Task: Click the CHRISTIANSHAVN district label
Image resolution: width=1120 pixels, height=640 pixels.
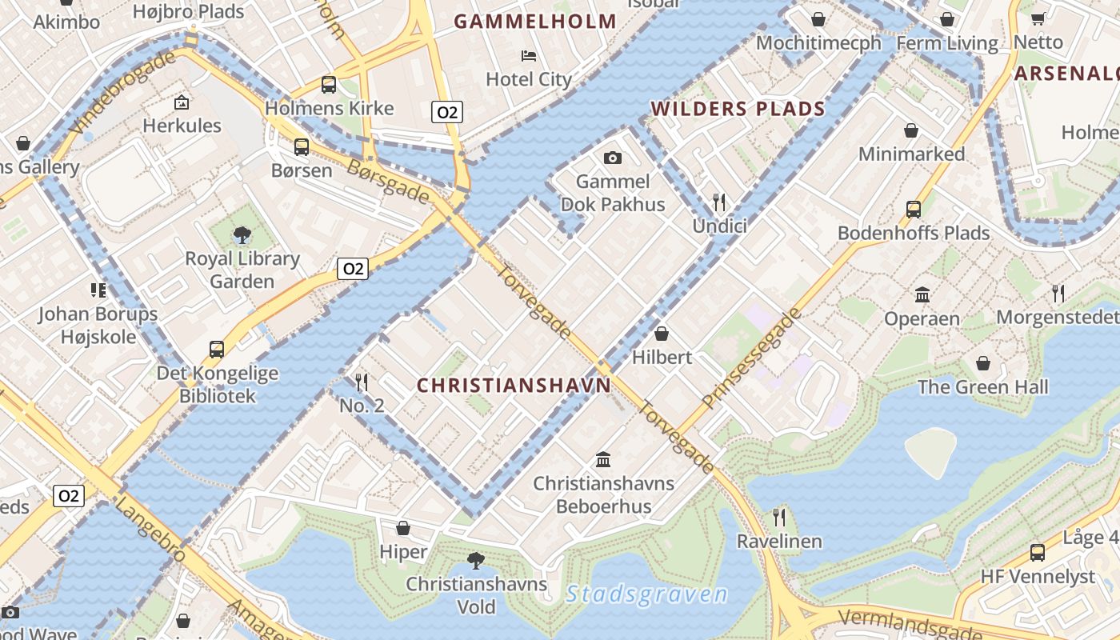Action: [514, 386]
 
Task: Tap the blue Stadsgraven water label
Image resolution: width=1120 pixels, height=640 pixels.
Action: [646, 594]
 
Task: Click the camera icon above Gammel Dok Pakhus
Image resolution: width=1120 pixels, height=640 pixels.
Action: [613, 158]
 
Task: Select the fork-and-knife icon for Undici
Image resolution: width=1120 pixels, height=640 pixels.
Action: [719, 202]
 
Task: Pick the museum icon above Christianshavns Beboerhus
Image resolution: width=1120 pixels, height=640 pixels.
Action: [604, 460]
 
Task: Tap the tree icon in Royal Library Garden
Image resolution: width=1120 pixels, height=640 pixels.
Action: [242, 235]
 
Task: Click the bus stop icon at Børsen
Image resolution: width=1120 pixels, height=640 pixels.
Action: [301, 147]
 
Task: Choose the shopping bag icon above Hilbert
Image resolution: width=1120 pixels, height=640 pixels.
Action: [662, 334]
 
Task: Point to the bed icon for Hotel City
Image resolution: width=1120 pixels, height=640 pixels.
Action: [529, 56]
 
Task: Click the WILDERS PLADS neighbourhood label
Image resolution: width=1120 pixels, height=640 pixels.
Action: [738, 109]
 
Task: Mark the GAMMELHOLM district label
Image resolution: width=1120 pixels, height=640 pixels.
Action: [535, 22]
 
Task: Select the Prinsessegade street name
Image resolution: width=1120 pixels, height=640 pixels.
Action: [752, 358]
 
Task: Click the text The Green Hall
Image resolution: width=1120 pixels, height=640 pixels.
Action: [982, 387]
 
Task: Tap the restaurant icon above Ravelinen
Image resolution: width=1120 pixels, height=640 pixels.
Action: [779, 518]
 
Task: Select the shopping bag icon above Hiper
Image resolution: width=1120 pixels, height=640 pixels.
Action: [403, 528]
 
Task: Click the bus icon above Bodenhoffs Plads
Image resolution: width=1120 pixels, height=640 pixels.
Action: [914, 210]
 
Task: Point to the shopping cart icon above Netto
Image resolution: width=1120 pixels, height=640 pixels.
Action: [1038, 18]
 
